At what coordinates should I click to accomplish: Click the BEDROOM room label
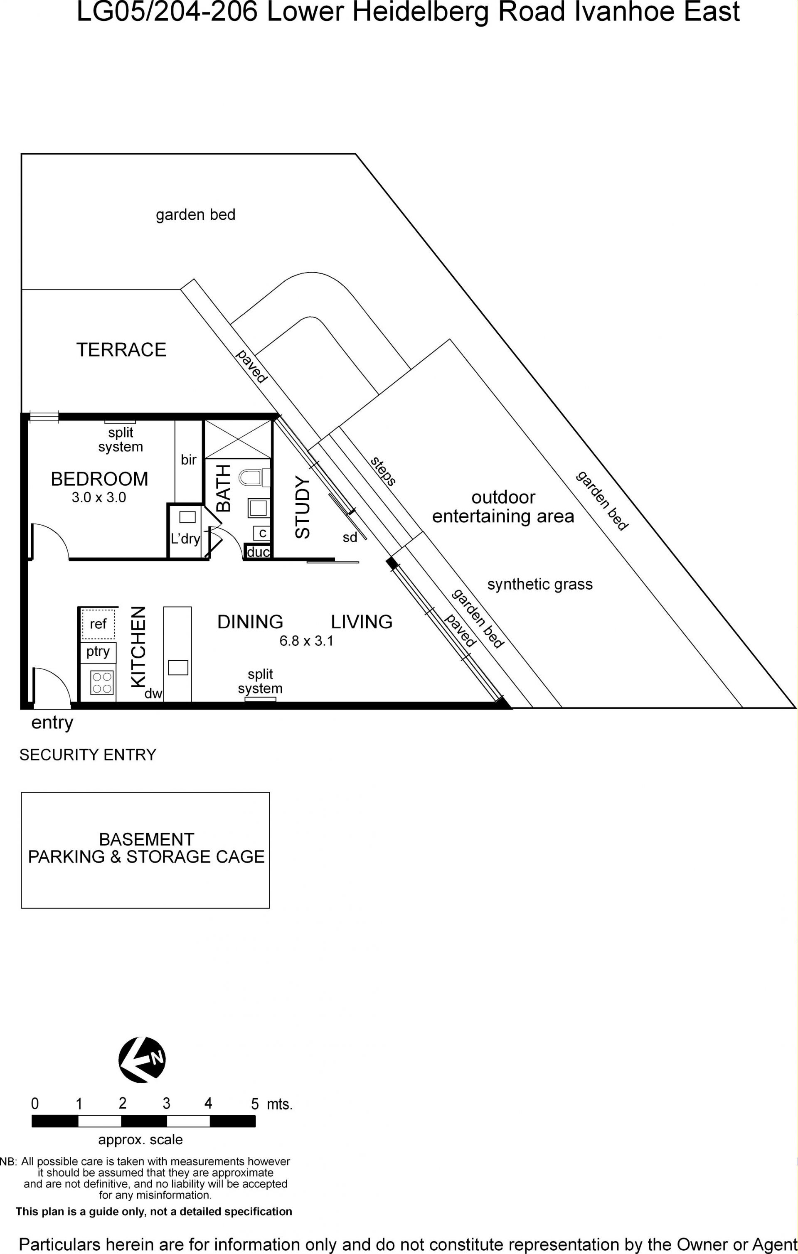[99, 479]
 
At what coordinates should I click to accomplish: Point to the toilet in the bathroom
[255, 477]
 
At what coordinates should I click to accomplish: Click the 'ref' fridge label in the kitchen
[98, 624]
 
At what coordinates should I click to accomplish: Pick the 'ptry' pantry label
[98, 652]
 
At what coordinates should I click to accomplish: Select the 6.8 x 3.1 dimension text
[306, 641]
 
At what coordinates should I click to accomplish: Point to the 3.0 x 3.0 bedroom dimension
[99, 497]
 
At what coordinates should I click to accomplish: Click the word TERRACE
[121, 349]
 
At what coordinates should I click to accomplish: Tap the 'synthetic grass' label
[539, 584]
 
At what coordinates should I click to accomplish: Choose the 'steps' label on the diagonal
[383, 471]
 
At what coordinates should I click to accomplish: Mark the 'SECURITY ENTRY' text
[88, 755]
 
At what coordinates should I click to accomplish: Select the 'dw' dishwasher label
[154, 693]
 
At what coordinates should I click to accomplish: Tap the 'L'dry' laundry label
[185, 538]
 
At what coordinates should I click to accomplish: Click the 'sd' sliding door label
[350, 537]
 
